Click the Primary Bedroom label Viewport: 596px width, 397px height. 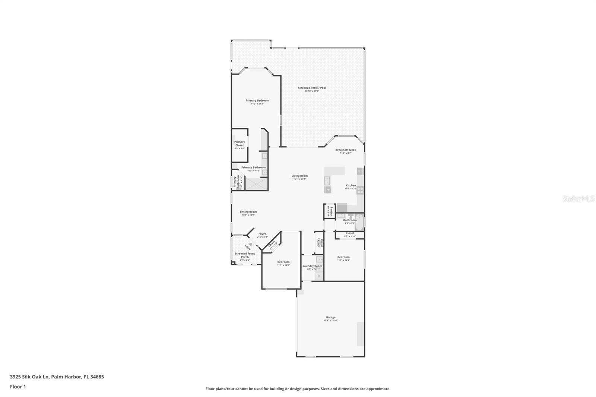click(x=257, y=101)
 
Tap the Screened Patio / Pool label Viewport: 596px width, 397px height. click(x=312, y=88)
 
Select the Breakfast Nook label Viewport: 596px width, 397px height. click(x=345, y=150)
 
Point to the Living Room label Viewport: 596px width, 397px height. click(x=299, y=176)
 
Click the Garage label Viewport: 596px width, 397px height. click(x=330, y=317)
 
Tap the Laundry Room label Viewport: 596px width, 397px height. click(x=312, y=266)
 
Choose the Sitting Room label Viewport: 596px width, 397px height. click(x=248, y=212)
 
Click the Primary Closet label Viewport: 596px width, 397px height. click(x=240, y=143)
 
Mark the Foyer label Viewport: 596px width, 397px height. click(x=262, y=234)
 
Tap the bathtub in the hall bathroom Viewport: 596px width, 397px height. click(x=359, y=222)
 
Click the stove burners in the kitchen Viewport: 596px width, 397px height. click(x=360, y=190)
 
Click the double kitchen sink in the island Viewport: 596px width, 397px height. click(x=328, y=181)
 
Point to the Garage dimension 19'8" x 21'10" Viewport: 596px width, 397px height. click(x=330, y=321)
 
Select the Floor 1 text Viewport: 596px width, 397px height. click(x=18, y=387)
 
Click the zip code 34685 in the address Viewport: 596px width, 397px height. click(x=97, y=377)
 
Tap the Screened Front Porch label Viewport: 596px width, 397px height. click(x=245, y=255)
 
